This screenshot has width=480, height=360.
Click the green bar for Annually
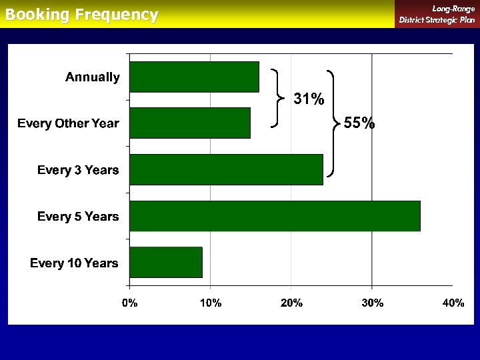click(194, 77)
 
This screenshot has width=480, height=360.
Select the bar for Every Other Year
click(190, 123)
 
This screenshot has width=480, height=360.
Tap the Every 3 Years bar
click(226, 169)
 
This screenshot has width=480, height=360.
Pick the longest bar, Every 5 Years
click(275, 216)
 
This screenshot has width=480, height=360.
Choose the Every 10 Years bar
click(166, 262)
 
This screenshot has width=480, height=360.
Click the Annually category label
click(93, 77)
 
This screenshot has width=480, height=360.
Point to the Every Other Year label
click(68, 123)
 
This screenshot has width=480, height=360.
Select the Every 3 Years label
click(78, 170)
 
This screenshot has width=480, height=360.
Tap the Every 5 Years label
click(78, 216)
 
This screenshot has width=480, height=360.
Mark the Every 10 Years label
click(74, 263)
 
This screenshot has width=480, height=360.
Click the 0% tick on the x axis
click(129, 303)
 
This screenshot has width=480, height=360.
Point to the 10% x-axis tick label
click(210, 303)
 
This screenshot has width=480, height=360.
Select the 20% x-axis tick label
click(291, 303)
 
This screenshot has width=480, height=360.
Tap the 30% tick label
click(372, 303)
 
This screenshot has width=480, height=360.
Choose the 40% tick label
click(453, 303)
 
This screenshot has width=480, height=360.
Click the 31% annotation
click(309, 100)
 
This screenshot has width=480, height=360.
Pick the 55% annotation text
click(359, 123)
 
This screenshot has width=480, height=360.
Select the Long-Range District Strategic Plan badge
click(437, 14)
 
